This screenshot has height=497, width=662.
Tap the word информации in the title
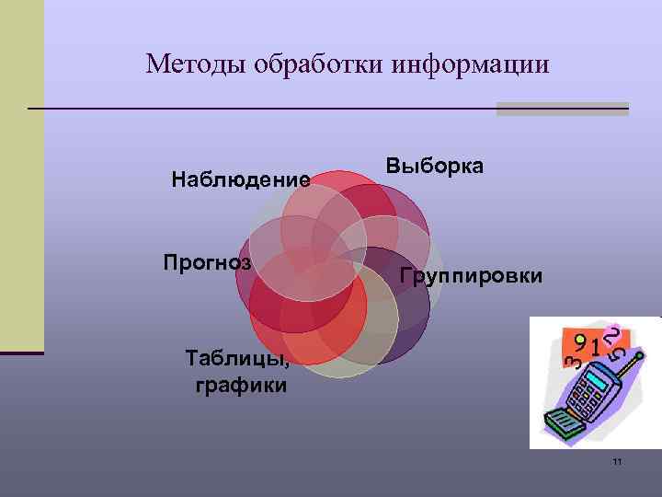[x=470, y=64]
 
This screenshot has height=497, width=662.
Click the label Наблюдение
[x=240, y=179]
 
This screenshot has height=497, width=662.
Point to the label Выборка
[x=435, y=167]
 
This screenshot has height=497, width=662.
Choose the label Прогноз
[x=207, y=262]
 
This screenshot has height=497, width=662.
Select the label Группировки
[x=472, y=276]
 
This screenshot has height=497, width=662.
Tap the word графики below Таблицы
[x=241, y=385]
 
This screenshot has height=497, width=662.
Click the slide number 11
[x=617, y=460]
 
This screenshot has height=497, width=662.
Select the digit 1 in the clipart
[x=598, y=350]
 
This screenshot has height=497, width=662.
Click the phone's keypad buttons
[x=584, y=399]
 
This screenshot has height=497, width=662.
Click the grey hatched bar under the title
[x=562, y=109]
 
